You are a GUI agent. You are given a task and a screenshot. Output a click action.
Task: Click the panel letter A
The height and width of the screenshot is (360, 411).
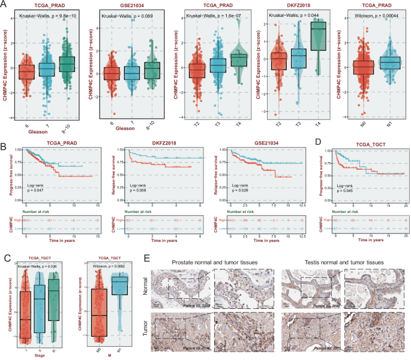click(x=5, y=4)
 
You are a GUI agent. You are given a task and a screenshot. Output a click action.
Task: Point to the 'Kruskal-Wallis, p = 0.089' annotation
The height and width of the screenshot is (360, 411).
click(x=125, y=12)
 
